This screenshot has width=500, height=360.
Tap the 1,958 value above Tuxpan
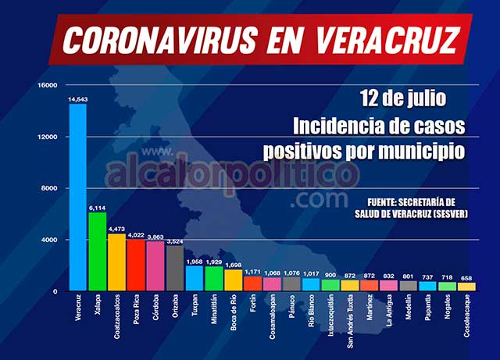[194, 261]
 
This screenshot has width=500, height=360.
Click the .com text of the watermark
[317, 200]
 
